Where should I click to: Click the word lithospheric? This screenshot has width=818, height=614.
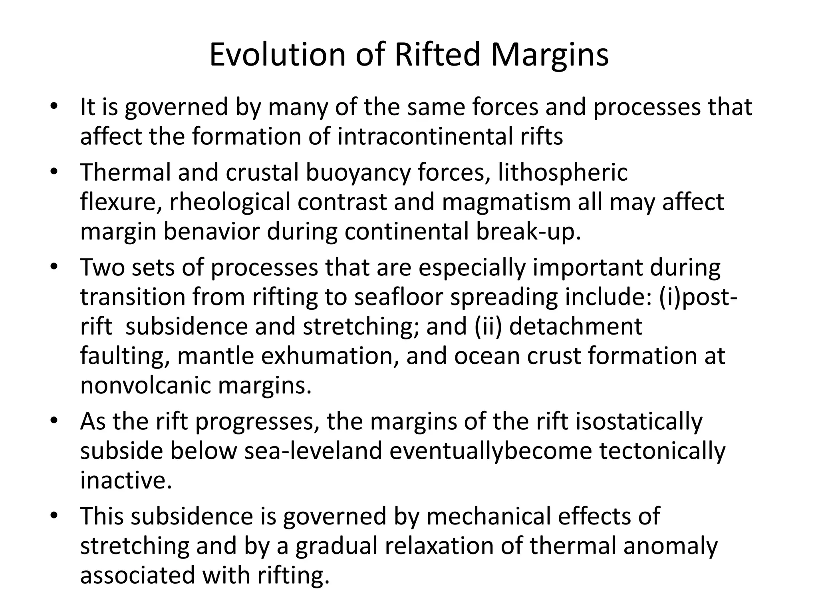click(x=563, y=173)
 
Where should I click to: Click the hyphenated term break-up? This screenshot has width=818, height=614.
click(x=528, y=232)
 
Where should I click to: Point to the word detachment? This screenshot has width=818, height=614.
click(x=576, y=327)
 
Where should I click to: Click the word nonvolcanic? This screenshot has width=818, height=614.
click(x=145, y=386)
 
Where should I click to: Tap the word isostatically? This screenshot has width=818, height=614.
click(x=639, y=422)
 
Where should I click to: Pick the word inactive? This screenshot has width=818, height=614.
click(x=126, y=480)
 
